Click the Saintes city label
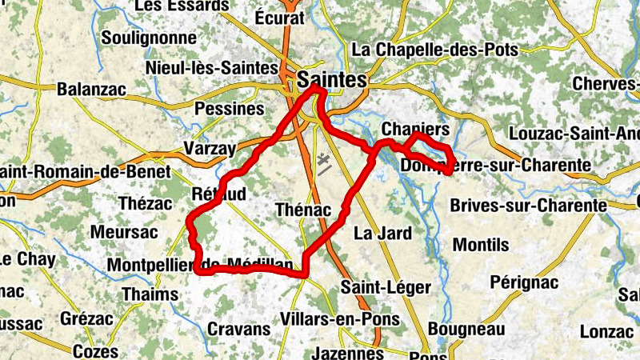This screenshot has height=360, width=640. [x=331, y=80]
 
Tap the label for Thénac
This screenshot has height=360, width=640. [x=302, y=210]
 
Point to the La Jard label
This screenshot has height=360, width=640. [x=382, y=234]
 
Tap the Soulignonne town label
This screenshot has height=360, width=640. [x=150, y=38]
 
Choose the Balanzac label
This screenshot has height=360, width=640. [x=92, y=90]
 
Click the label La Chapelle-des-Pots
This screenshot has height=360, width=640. [x=435, y=50]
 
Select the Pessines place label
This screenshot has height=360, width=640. [x=230, y=108]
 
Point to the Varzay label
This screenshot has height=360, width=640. [x=210, y=149]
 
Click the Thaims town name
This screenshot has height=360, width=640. [x=150, y=294]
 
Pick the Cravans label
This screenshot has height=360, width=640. [x=239, y=329]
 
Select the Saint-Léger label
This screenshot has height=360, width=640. [x=386, y=287]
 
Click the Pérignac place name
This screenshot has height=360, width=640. [x=523, y=282]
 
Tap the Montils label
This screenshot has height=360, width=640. [x=481, y=243]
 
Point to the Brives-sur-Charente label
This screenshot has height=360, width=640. [x=529, y=206]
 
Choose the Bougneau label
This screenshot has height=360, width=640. [x=466, y=329]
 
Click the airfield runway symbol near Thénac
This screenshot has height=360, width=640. [x=323, y=164]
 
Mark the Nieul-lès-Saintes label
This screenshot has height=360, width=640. [x=212, y=68]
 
